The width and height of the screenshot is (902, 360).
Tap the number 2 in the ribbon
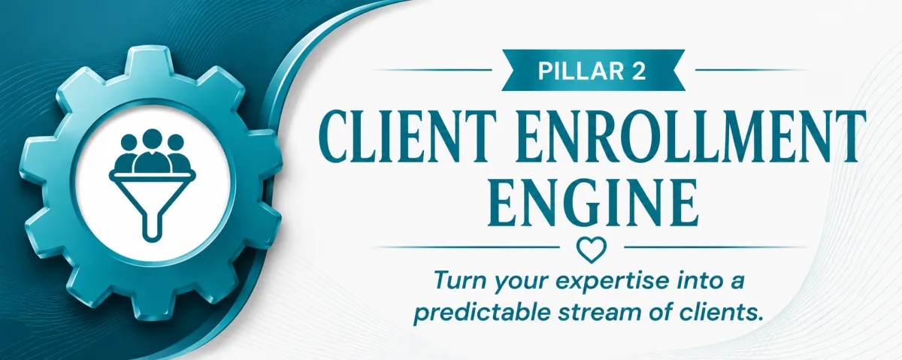coord(638,71)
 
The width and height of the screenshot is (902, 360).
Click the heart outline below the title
coord(592,250)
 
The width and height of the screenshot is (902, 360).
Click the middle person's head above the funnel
coord(151,141)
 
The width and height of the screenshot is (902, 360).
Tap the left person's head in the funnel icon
coord(129,143)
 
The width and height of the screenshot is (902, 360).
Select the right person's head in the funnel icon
coord(176,143)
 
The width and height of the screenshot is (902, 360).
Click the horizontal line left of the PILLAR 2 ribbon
coord(434,70)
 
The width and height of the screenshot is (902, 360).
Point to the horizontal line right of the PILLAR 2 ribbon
coord(752,70)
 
